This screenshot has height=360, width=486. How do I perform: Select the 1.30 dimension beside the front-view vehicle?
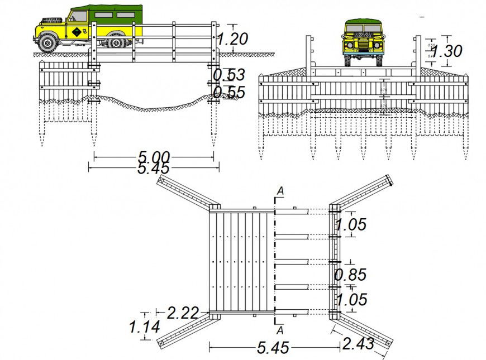(x=446, y=51)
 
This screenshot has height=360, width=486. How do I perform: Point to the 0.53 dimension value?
(x=229, y=75)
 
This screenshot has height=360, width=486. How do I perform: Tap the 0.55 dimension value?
(x=229, y=92)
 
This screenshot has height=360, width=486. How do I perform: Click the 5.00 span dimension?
(x=154, y=157)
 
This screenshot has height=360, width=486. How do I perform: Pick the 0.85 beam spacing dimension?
(x=350, y=275)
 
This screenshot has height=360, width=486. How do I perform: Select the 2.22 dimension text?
(x=183, y=313)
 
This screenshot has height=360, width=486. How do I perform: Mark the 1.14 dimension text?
(x=144, y=327)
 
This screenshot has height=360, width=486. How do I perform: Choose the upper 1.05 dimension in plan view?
(x=350, y=224)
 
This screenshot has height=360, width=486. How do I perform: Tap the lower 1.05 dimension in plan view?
(x=351, y=300)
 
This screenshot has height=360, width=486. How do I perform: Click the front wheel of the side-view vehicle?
(x=49, y=42)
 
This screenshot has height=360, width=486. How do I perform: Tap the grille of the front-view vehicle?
(x=363, y=44)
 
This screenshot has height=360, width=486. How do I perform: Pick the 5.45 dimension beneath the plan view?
(x=273, y=348)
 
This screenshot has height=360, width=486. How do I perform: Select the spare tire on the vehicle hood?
(x=51, y=21)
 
